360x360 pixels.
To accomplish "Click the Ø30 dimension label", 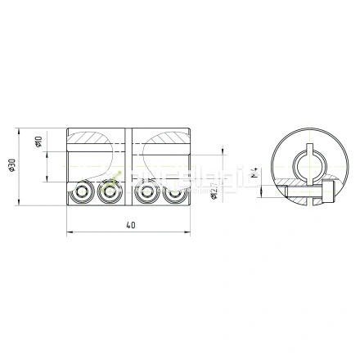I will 11,165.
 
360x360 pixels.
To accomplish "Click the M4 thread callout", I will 254,174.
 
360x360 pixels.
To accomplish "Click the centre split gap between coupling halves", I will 128,168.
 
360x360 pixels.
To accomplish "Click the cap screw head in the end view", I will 327,194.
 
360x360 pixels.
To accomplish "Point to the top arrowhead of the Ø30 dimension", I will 19,128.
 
